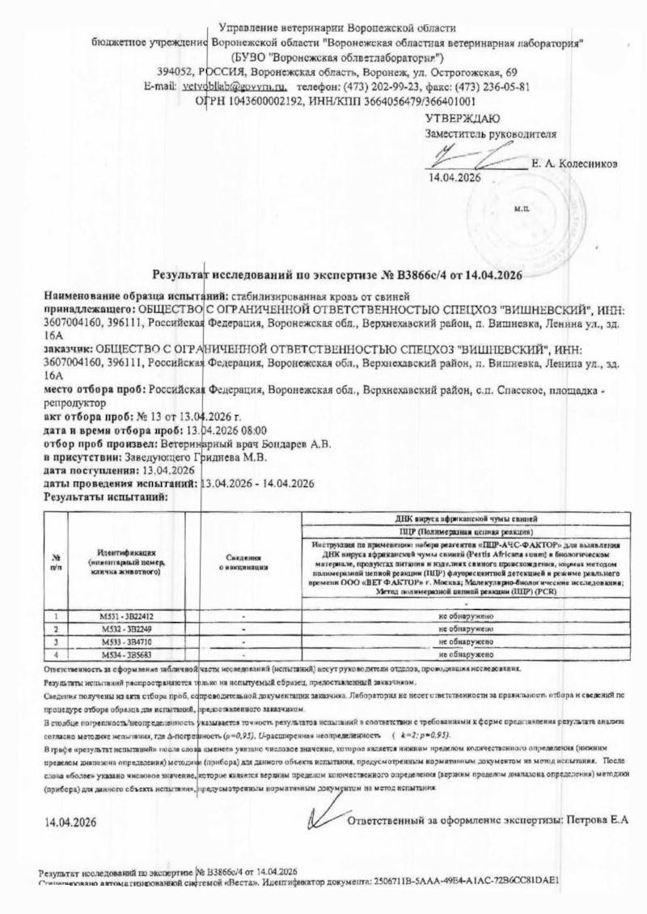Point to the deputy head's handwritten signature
pos(470,156)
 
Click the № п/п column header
pos(57,562)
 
